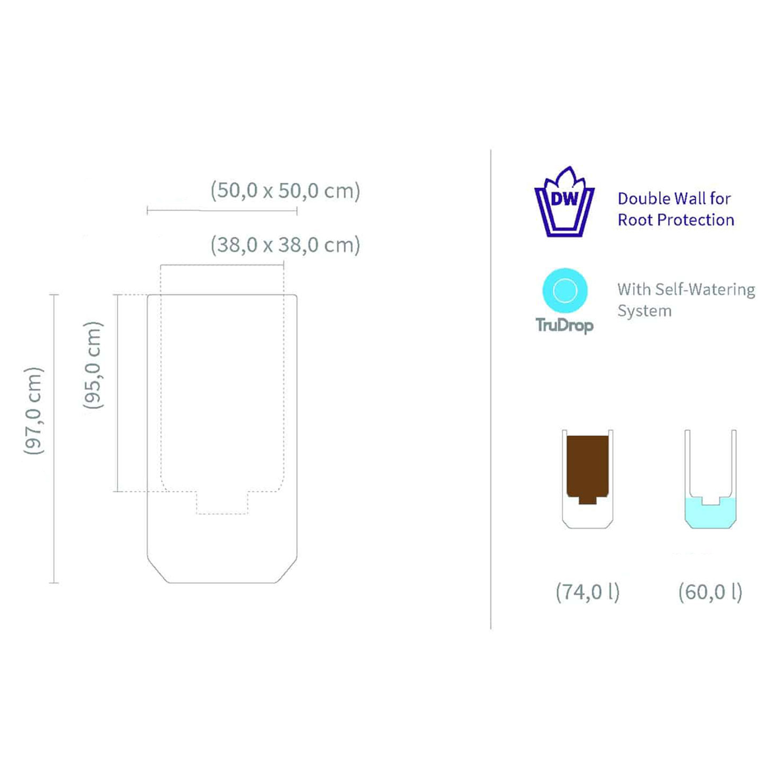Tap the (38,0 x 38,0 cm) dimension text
click(x=285, y=244)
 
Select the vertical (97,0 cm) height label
click(x=33, y=411)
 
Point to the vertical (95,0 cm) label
click(x=93, y=365)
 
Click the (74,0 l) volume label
click(x=587, y=592)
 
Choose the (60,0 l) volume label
click(x=710, y=592)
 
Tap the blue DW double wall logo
click(x=564, y=202)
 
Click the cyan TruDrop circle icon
click(x=565, y=290)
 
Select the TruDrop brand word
click(x=564, y=325)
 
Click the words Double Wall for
click(x=674, y=198)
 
